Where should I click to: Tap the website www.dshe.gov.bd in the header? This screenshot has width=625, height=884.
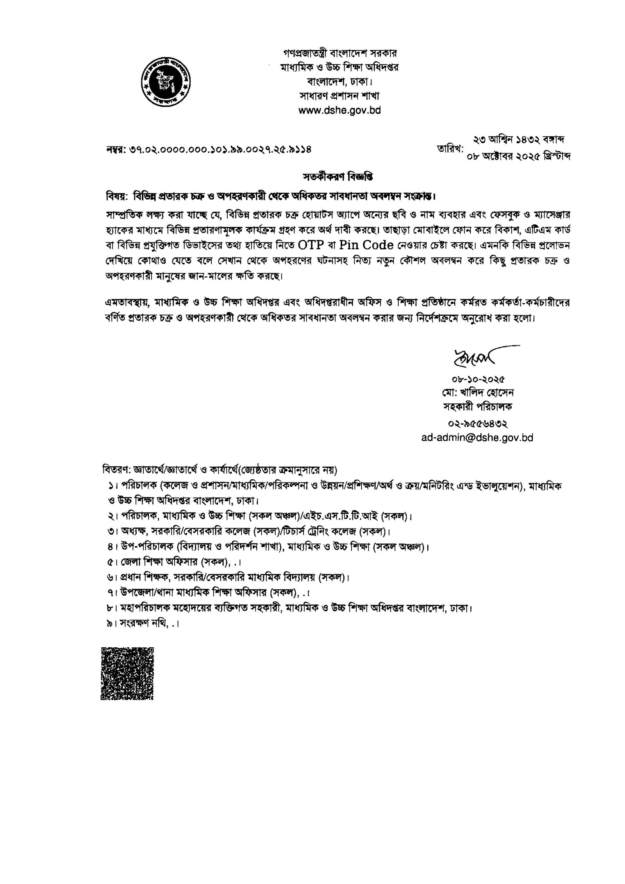[339, 111]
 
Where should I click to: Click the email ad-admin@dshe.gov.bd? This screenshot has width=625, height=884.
[477, 438]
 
